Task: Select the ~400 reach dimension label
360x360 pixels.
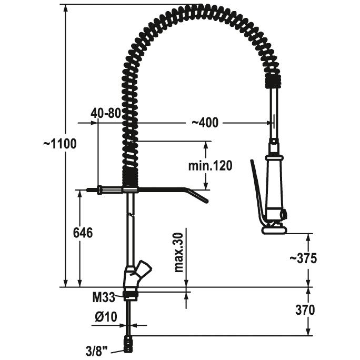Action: click(204, 123)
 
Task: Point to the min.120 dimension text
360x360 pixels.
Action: click(210, 166)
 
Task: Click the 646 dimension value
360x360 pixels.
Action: click(84, 232)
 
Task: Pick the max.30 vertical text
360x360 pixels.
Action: click(179, 253)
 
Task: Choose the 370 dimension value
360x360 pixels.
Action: click(305, 309)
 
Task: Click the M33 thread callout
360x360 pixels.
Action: click(104, 298)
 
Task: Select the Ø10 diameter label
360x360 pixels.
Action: click(106, 317)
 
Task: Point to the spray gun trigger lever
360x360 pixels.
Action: click(257, 192)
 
